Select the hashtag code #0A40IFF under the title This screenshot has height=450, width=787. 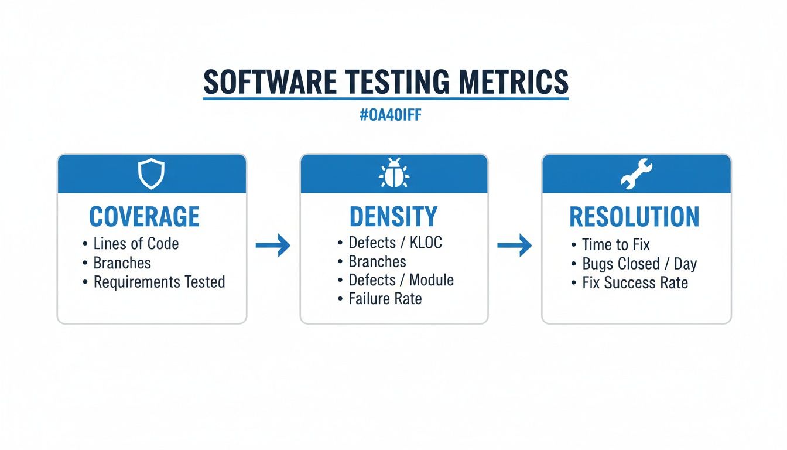391,115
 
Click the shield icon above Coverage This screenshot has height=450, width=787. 151,174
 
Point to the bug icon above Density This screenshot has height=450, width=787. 393,174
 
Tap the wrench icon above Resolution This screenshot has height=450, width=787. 636,174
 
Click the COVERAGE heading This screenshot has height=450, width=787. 144,217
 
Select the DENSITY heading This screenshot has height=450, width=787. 393,217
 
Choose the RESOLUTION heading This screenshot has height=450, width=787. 634,217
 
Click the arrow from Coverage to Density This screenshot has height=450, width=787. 273,246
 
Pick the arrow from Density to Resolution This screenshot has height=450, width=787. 515,246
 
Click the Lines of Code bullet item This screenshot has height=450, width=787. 136,244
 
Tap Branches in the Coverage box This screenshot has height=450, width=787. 122,262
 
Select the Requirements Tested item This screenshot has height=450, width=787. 159,282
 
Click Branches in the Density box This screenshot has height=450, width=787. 377,261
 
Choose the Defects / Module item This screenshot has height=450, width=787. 401,280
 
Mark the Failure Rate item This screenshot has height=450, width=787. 385,299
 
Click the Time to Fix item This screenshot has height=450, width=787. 615,244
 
